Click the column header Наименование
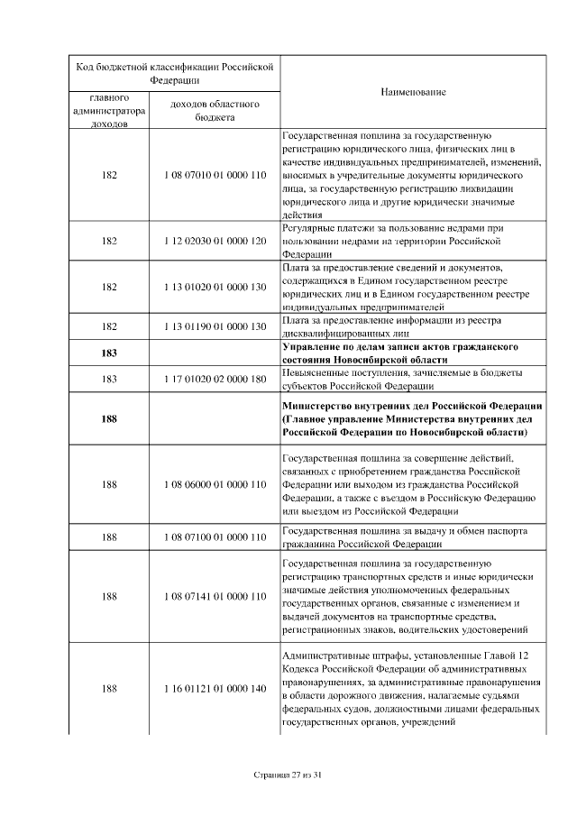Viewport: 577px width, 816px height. (412, 92)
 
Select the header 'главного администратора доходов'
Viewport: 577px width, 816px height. (109, 110)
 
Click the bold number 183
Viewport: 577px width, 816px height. (109, 353)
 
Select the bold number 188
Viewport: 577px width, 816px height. (109, 418)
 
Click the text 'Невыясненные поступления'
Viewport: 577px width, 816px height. (339, 373)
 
